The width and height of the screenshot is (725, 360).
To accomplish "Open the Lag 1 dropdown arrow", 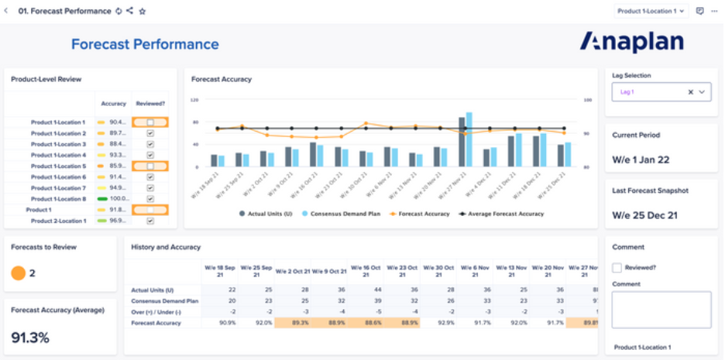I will [703, 91].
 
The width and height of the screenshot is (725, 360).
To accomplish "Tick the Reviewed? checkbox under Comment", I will [617, 268].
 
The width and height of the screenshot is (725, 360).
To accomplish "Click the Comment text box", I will [661, 310].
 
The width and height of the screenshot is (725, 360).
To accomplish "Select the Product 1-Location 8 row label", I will [58, 199].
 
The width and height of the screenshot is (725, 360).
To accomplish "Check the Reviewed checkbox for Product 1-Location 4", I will [150, 155].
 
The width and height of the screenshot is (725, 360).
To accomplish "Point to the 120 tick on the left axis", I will [195, 100].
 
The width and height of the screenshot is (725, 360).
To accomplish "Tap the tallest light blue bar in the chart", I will [469, 139].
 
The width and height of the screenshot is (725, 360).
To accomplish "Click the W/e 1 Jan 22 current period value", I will [641, 159].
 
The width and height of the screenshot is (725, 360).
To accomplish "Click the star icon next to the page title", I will [143, 12].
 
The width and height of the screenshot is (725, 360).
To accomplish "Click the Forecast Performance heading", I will [145, 44].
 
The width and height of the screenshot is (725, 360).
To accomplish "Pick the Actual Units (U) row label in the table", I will [153, 290].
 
